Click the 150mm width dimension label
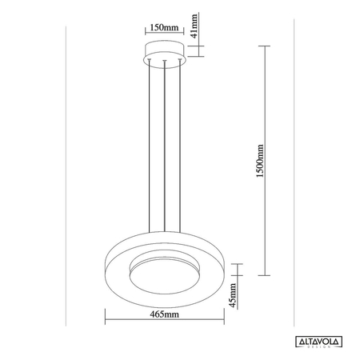click(x=165, y=27)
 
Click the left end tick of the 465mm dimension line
click(x=107, y=324)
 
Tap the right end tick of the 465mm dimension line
click(x=223, y=324)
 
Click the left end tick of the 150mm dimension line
click(x=145, y=35)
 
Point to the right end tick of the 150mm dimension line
click(x=186, y=35)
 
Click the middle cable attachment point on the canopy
click(x=165, y=62)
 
